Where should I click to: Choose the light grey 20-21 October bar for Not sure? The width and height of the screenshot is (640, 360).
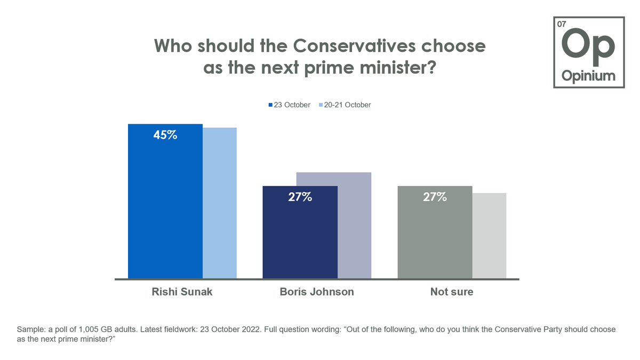click(489, 235)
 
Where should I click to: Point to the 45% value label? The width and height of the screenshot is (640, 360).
click(165, 135)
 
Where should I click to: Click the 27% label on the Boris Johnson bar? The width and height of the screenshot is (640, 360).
click(300, 197)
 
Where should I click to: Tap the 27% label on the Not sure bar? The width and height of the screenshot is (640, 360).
click(435, 197)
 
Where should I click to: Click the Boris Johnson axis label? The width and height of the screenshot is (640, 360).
click(317, 292)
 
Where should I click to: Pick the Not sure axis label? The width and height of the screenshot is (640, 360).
click(452, 292)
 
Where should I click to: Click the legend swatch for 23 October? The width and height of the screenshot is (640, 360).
click(270, 105)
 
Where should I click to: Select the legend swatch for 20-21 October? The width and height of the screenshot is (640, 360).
click(321, 105)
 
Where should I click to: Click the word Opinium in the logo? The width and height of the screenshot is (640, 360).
click(589, 76)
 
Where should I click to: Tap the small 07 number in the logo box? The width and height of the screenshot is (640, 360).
click(561, 25)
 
